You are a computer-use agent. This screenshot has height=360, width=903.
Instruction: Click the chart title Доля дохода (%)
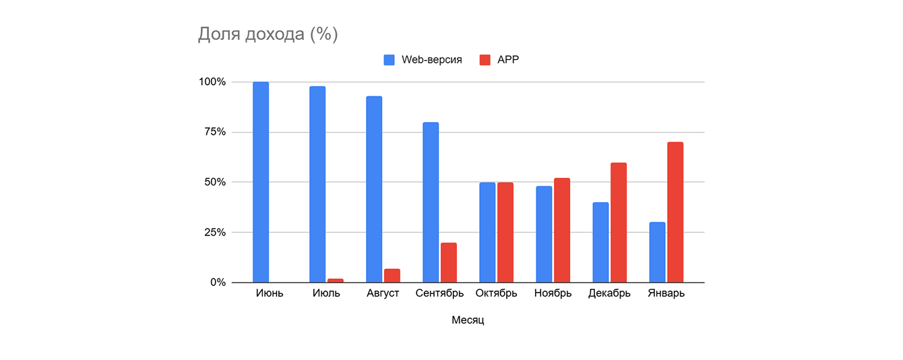click(x=268, y=34)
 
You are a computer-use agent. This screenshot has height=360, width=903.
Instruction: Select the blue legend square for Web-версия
click(x=390, y=59)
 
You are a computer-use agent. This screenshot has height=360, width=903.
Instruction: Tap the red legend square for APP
click(x=485, y=59)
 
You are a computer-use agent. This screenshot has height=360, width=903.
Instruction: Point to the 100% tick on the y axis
click(x=212, y=82)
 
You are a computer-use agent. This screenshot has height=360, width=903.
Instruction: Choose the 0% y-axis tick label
click(x=218, y=282)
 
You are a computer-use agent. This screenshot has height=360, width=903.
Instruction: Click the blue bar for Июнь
click(x=261, y=182)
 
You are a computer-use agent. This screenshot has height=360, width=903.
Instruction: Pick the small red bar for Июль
click(x=336, y=280)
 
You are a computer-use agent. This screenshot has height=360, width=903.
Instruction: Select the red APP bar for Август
click(x=392, y=276)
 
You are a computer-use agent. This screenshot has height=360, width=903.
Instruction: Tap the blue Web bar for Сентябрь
click(x=431, y=202)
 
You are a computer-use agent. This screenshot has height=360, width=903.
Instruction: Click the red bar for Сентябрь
click(x=449, y=263)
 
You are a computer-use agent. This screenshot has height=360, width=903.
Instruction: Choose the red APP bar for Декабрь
click(x=619, y=222)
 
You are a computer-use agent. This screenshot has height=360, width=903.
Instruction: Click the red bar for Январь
click(x=675, y=212)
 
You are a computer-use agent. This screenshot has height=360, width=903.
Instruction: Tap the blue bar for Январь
click(x=657, y=252)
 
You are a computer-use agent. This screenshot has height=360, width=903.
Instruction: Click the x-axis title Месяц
click(x=468, y=320)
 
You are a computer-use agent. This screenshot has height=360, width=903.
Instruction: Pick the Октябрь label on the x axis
click(x=496, y=293)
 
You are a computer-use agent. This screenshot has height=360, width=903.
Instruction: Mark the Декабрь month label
click(x=609, y=293)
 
